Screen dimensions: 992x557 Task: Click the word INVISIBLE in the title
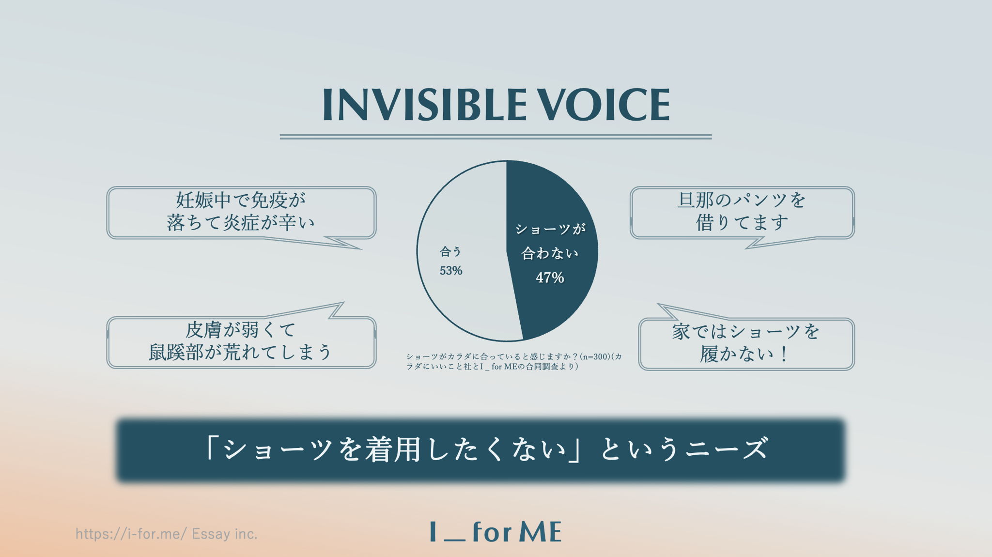[424, 105]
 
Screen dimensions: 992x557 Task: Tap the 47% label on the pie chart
[550, 278]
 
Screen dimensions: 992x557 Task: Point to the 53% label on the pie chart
[451, 271]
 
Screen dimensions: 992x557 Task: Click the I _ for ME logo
[496, 532]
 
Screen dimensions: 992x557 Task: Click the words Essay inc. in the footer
[225, 534]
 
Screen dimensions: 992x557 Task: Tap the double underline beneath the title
[496, 137]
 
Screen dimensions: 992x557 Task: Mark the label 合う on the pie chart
[450, 251]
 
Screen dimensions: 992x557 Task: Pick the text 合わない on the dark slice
[550, 253]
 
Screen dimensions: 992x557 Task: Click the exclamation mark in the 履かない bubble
[784, 354]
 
